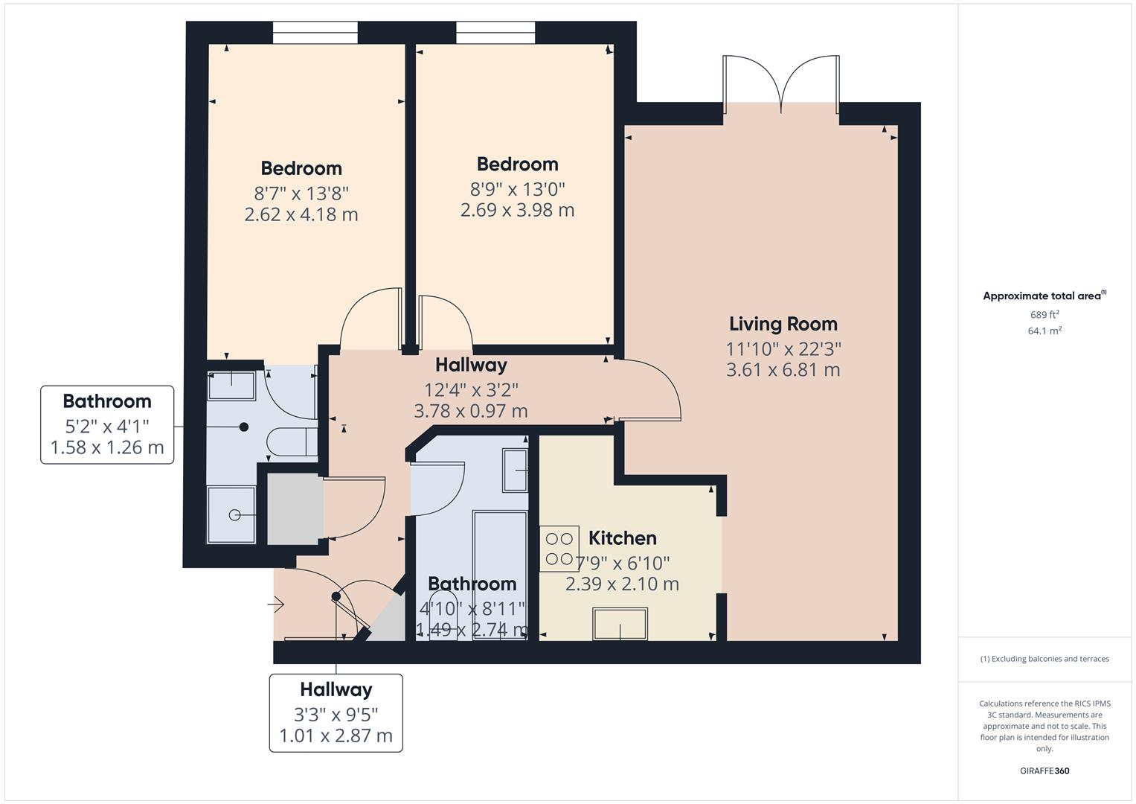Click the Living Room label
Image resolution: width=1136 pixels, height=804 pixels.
point(783,324)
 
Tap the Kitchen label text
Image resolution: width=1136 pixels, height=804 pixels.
point(622,538)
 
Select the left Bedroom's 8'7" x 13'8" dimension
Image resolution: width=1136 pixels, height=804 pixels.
point(301,194)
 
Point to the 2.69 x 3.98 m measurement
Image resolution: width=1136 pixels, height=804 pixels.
point(517,210)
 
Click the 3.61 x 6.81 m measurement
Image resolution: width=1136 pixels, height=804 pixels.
point(783,370)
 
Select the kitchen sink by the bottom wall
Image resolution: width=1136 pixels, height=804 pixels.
point(620,624)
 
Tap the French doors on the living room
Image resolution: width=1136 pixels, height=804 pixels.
point(781,86)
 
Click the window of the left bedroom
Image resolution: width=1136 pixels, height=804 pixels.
point(315,33)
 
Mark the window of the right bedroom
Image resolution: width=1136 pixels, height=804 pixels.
point(495,33)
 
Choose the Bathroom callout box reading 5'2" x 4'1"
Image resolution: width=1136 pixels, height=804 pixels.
point(107,425)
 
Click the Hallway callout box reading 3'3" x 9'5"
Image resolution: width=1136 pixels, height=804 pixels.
point(336,712)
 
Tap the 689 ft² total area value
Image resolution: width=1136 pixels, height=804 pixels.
point(1044,315)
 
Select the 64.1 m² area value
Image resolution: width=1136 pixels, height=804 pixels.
point(1044,331)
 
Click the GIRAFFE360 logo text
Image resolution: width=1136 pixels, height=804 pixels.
point(1044,770)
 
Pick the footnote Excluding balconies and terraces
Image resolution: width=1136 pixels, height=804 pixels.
point(1044,659)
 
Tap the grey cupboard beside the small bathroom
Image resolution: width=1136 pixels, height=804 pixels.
point(295,509)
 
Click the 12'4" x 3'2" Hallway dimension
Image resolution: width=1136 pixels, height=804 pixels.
point(471,389)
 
